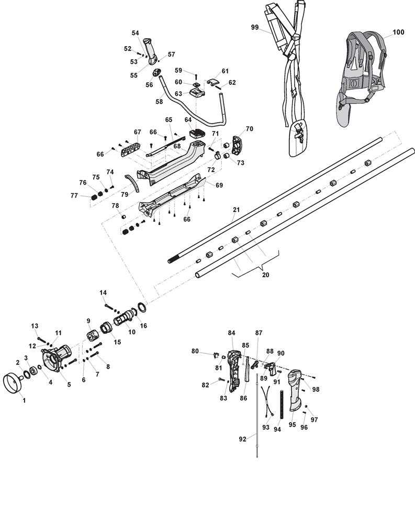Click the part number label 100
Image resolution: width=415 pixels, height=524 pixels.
398,32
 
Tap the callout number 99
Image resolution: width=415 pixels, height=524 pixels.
255,27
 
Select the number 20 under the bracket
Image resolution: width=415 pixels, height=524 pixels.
266,275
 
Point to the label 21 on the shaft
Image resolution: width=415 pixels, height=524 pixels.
237,210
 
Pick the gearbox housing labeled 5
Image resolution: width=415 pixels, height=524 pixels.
56,358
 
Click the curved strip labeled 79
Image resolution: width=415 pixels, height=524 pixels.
132,183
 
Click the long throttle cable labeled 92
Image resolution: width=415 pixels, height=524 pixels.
257,416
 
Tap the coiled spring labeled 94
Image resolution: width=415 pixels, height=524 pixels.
282,405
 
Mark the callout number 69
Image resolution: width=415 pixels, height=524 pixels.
219,185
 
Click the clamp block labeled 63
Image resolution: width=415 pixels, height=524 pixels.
197,92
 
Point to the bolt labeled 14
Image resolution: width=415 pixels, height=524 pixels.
110,307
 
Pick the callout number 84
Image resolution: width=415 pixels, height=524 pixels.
231,333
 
